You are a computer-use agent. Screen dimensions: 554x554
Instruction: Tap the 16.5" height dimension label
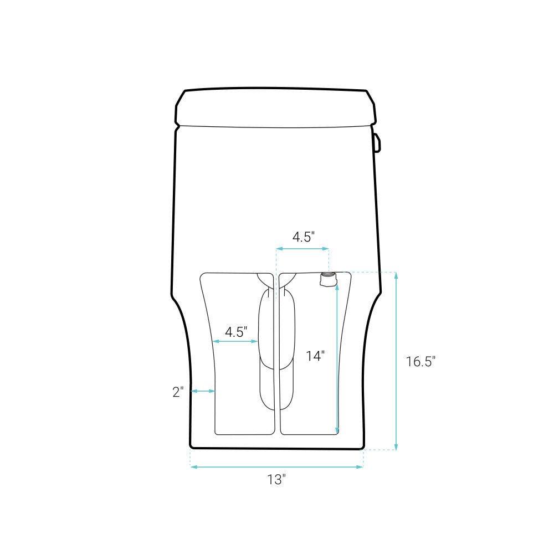tap(420, 362)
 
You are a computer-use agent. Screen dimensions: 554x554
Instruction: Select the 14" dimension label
tap(315, 356)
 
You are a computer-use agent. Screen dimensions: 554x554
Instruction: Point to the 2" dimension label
tap(178, 392)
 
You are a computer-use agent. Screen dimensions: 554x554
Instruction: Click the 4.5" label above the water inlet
tap(304, 237)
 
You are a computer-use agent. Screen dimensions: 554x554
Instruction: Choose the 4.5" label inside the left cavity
tap(235, 332)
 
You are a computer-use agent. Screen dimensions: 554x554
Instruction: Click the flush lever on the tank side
tap(377, 142)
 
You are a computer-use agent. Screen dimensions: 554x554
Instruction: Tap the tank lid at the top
tap(275, 107)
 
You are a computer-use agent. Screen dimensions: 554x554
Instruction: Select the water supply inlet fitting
tap(329, 279)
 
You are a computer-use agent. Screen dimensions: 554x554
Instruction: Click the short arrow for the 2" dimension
tap(203, 391)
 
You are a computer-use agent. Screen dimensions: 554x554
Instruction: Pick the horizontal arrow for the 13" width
tap(277, 467)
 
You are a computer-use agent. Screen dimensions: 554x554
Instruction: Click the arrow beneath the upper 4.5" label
tap(303, 249)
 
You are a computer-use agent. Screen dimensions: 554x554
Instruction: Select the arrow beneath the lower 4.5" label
tap(235, 342)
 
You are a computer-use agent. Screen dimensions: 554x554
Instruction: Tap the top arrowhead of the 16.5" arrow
tap(396, 275)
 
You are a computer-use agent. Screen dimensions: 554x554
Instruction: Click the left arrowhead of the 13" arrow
tap(193, 467)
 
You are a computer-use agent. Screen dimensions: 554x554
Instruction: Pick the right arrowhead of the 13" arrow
tap(361, 467)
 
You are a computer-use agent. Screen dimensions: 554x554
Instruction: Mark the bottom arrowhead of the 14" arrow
tap(337, 430)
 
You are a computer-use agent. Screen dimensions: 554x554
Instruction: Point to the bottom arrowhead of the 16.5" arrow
tap(396, 447)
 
